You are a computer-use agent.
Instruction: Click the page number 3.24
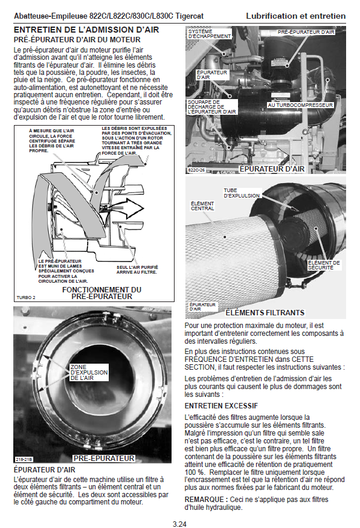tap(179, 524)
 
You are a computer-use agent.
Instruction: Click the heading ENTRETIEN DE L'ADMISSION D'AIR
tap(86, 30)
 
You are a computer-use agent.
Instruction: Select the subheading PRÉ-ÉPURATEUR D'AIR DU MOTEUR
tap(77, 40)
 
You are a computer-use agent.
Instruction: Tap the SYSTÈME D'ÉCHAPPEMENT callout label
tap(210, 34)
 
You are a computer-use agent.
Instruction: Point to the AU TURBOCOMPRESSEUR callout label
tap(300, 105)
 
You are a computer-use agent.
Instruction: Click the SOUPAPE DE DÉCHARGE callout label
tap(212, 107)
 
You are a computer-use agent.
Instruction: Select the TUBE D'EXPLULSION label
tap(242, 193)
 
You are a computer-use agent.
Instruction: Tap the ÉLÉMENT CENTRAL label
tap(202, 206)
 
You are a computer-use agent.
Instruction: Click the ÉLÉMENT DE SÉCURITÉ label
tap(324, 265)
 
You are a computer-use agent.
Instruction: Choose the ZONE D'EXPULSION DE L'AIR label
tap(89, 372)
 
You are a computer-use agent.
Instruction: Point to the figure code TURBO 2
tap(26, 298)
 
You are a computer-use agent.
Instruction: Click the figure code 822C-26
tap(196, 170)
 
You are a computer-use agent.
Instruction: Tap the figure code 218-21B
tap(24, 459)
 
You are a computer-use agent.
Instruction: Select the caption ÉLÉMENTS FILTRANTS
tap(265, 313)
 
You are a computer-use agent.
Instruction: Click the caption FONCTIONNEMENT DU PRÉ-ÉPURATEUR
tap(101, 293)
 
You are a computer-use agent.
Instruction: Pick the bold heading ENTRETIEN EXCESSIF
tap(221, 406)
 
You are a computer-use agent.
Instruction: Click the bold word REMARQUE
tap(204, 500)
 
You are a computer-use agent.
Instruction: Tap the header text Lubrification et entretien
tap(296, 16)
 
